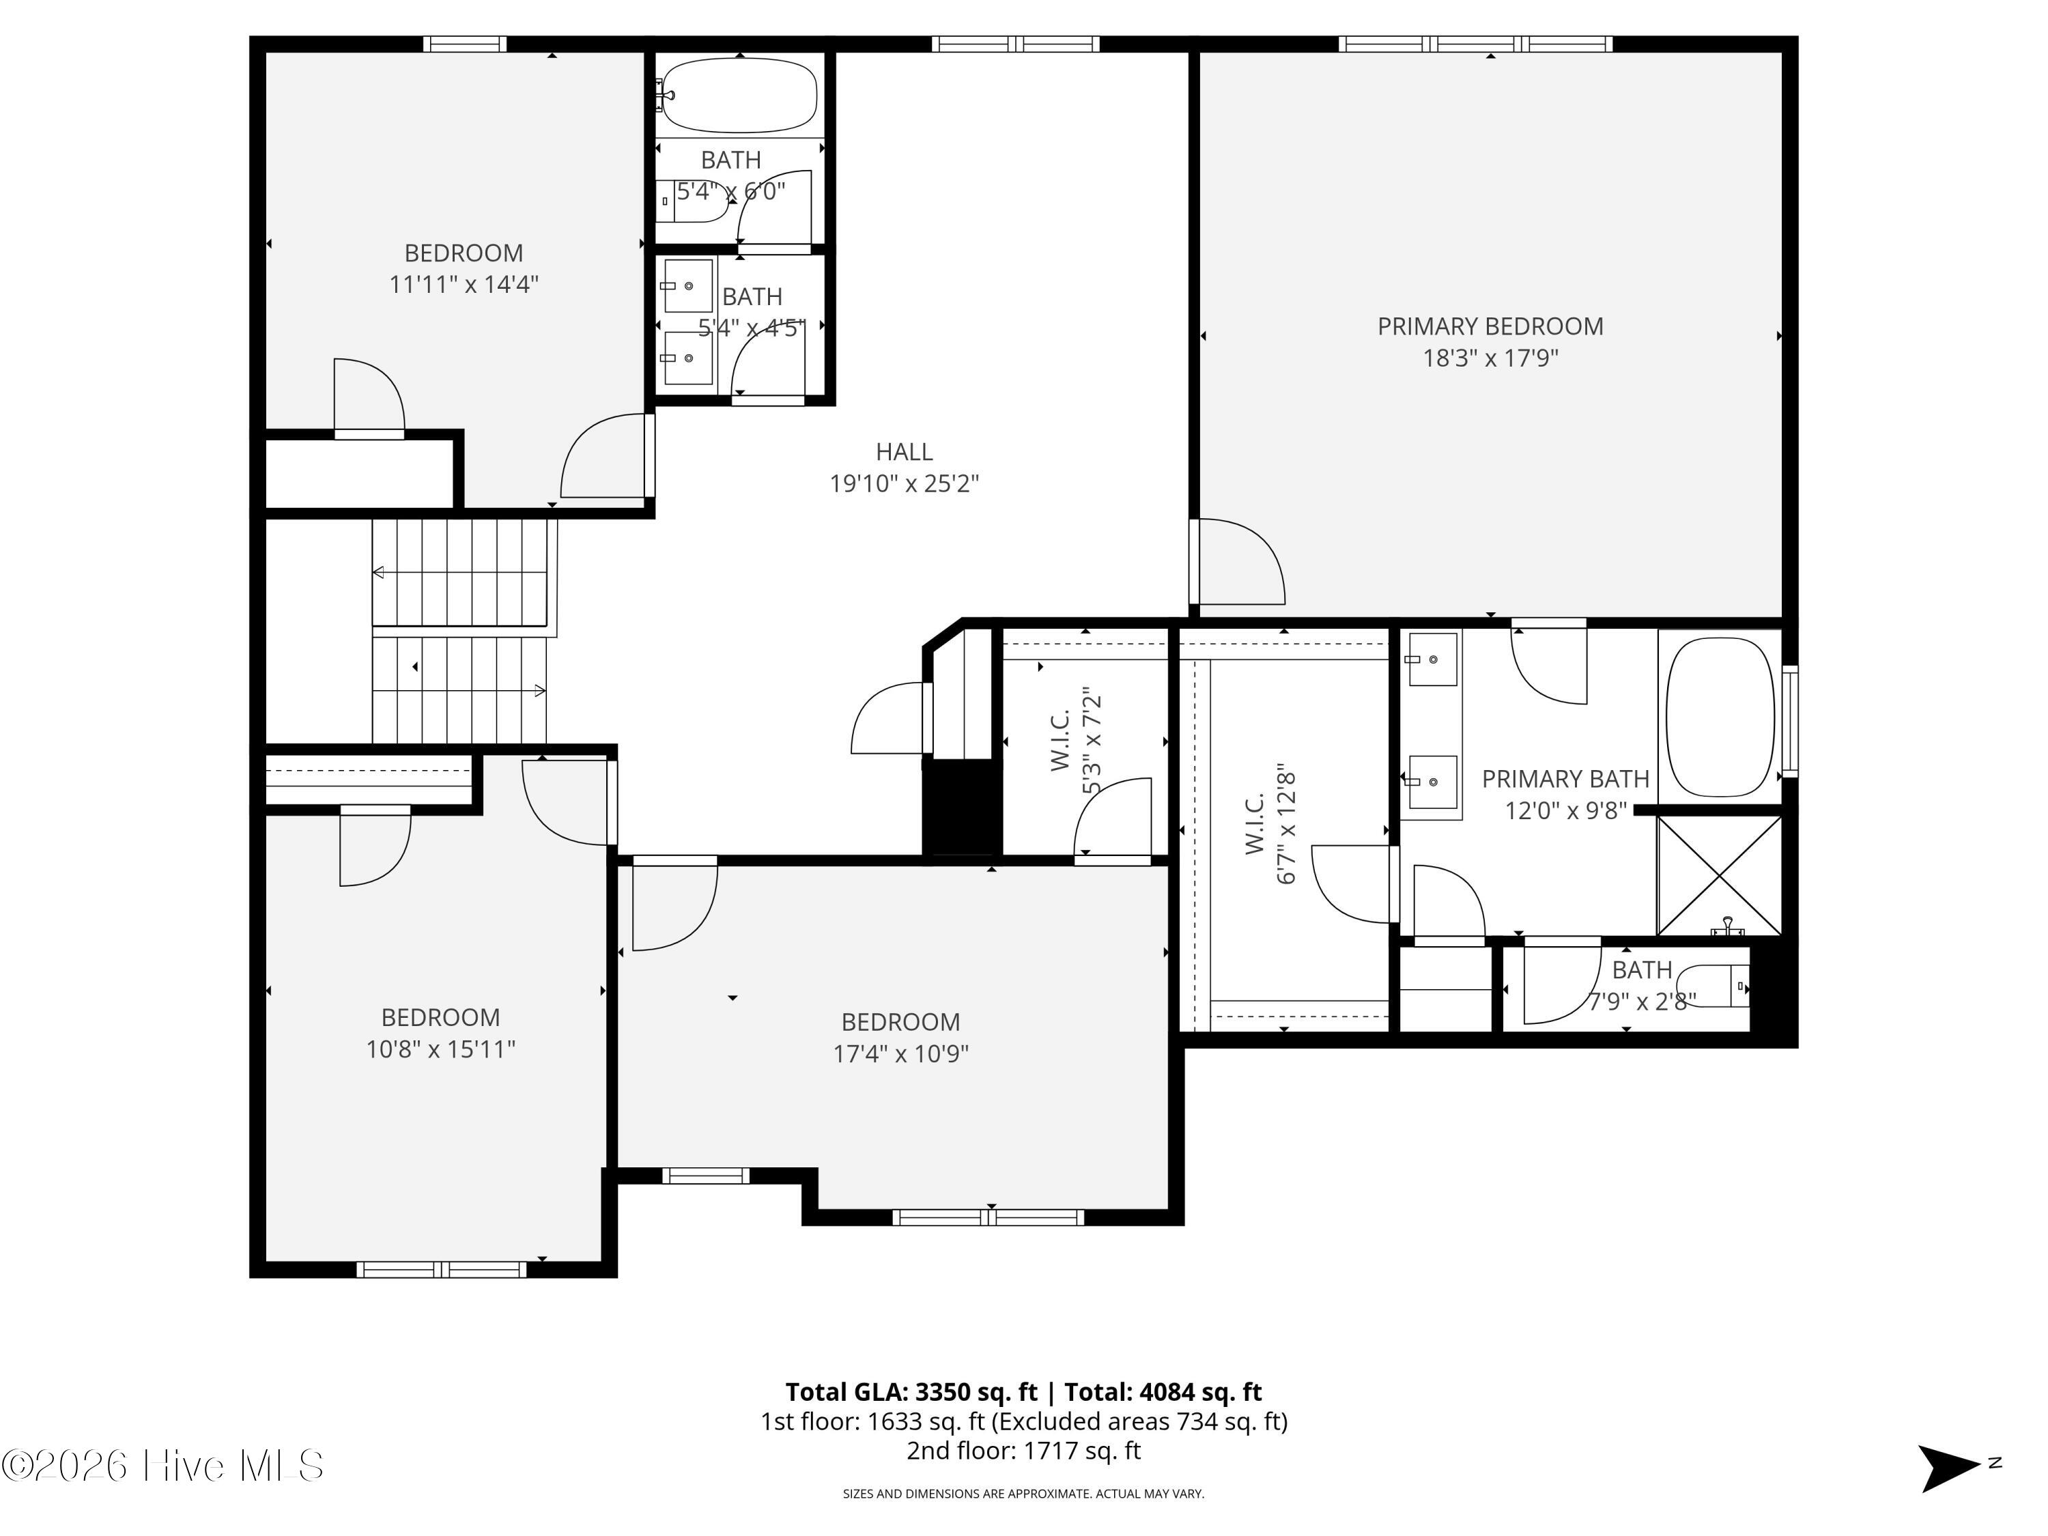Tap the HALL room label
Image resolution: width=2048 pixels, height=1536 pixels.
tap(904, 452)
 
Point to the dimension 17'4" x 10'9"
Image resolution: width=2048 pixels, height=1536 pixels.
tap(901, 1053)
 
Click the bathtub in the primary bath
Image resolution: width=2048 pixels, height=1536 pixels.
tap(1720, 717)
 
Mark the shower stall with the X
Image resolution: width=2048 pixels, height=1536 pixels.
tap(1718, 875)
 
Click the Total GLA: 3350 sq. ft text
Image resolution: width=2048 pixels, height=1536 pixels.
tap(911, 1391)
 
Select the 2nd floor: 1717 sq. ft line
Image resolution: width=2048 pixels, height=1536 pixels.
tap(1023, 1451)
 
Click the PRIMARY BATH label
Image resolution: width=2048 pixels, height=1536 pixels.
tap(1565, 780)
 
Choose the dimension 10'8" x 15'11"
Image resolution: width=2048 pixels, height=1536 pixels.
tap(441, 1049)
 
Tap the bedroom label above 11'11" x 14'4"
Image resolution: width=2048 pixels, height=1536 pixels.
tap(464, 253)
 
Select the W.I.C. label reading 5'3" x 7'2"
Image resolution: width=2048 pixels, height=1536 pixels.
tap(1076, 741)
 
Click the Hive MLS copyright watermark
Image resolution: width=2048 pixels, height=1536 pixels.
tap(163, 1466)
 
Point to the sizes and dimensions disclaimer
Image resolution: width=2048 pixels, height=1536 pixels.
tap(1023, 1494)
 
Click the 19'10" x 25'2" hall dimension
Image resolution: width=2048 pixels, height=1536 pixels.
tap(904, 483)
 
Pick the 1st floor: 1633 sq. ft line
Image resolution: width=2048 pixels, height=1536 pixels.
tap(1024, 1421)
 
